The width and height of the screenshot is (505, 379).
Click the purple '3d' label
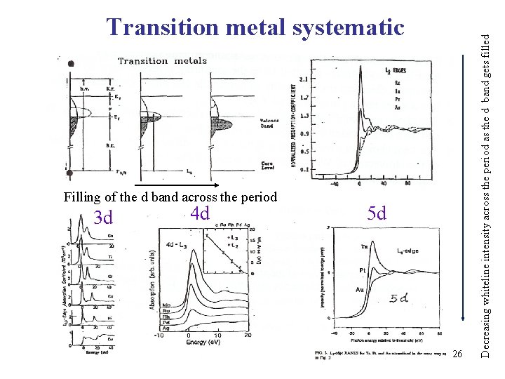[x=103, y=218]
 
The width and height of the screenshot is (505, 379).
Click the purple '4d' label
[x=200, y=213]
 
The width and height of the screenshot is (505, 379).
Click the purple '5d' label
[x=377, y=213]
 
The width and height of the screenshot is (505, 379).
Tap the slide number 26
[x=457, y=352]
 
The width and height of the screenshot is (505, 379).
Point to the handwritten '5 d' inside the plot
[x=400, y=298]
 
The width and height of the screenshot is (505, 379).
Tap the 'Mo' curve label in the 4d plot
[x=166, y=305]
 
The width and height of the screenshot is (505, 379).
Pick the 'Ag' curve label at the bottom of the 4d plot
[x=166, y=328]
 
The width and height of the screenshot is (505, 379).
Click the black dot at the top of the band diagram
[x=70, y=64]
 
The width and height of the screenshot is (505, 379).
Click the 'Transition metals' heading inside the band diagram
[x=162, y=60]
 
